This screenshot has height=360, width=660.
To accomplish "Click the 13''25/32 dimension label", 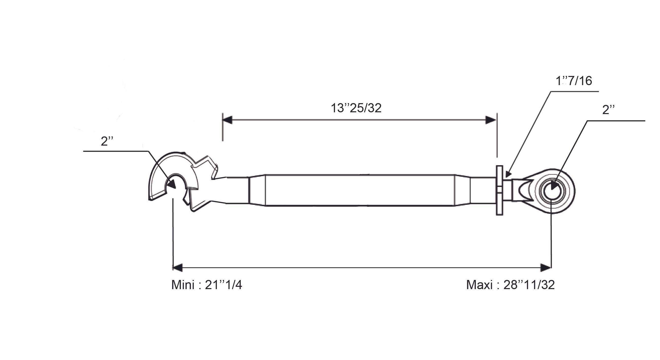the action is click(356, 108).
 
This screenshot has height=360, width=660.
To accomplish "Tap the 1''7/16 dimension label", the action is click(574, 81).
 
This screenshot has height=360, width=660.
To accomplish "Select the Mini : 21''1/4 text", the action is click(207, 285).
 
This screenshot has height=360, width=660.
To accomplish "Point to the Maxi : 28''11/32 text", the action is click(510, 285).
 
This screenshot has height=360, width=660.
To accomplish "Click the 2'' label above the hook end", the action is click(107, 141).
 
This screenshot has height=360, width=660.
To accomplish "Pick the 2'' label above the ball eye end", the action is click(608, 110).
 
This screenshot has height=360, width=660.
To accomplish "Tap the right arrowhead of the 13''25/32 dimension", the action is click(491, 120).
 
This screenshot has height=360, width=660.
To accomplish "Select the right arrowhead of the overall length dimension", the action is click(546, 268).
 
